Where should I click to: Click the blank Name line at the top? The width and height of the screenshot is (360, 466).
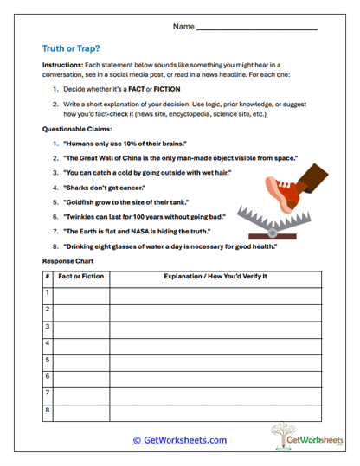click(x=256, y=28)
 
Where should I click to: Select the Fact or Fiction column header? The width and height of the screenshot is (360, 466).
click(x=81, y=277)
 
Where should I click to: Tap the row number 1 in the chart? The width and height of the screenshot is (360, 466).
click(x=48, y=294)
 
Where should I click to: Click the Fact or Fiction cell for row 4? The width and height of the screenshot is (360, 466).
click(x=81, y=343)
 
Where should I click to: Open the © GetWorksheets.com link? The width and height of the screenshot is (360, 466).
click(x=180, y=440)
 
